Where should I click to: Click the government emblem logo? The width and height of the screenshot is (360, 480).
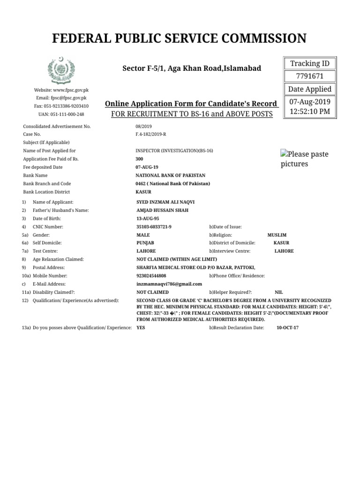tap(61, 70)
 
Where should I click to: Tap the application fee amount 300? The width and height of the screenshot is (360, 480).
tap(140, 159)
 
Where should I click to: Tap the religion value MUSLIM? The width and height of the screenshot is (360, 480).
tap(277, 235)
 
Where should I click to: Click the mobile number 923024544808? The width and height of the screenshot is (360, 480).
tap(151, 276)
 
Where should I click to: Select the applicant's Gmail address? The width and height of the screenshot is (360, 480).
tap(169, 284)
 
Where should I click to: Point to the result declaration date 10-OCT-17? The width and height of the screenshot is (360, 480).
tap(287, 328)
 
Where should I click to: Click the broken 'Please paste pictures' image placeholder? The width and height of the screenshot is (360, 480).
tap(304, 159)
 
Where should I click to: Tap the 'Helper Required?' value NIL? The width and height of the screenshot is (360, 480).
tap(278, 292)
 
